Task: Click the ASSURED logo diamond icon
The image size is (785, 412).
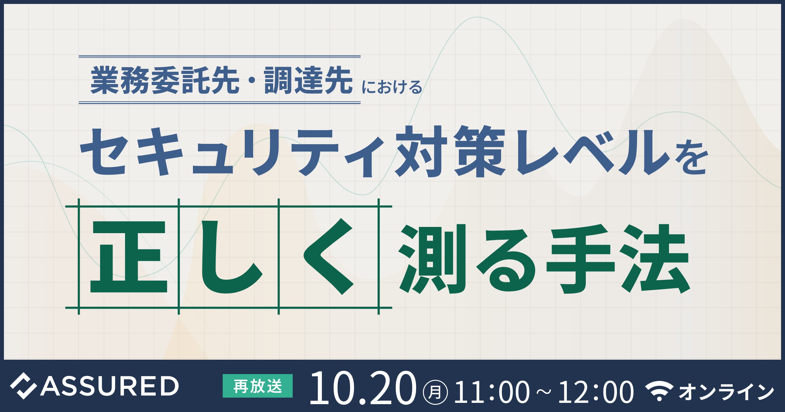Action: click(x=23, y=386)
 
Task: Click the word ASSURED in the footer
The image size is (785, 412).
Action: click(x=110, y=386)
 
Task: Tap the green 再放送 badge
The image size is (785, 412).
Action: click(x=258, y=386)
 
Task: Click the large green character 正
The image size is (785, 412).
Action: click(x=129, y=257)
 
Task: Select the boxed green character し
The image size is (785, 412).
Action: click(x=231, y=257)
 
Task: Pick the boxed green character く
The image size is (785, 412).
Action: click(x=328, y=256)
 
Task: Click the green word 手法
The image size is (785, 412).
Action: click(x=618, y=258)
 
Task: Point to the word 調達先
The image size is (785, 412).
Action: click(x=308, y=80)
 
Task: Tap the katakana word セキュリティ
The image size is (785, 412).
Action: click(x=232, y=152)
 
